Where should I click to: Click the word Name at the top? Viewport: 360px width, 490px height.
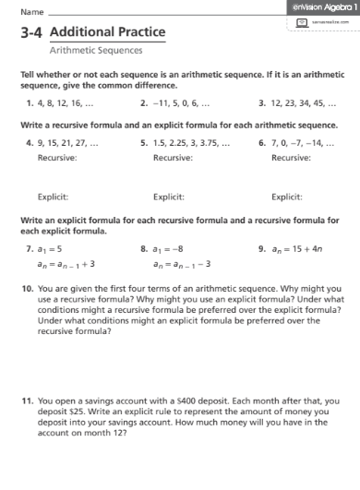click(x=31, y=13)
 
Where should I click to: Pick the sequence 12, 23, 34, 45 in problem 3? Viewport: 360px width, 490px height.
click(x=305, y=104)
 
